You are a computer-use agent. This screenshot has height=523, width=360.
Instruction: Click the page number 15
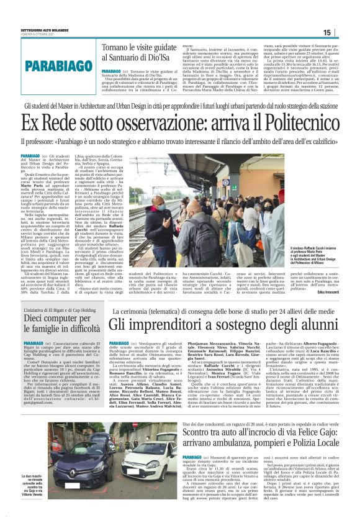[345, 32]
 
